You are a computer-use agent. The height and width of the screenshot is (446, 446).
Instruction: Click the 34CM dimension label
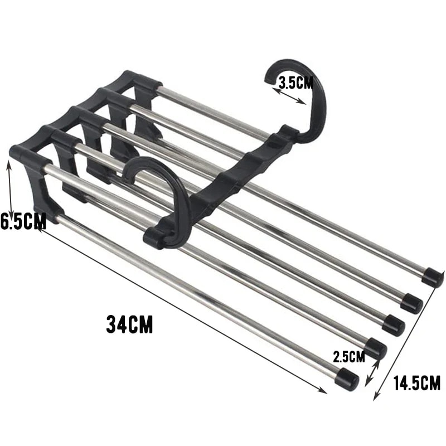point(129,324)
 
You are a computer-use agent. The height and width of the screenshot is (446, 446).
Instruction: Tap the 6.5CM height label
point(23,221)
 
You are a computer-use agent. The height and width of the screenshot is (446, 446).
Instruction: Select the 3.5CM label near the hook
point(296,83)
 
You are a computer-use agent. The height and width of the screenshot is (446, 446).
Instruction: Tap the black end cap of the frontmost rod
point(347,380)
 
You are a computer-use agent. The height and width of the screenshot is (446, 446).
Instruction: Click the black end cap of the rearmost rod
point(432,277)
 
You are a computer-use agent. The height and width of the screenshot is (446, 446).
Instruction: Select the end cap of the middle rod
point(393,324)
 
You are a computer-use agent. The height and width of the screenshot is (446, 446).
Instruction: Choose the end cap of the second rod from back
point(412,302)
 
